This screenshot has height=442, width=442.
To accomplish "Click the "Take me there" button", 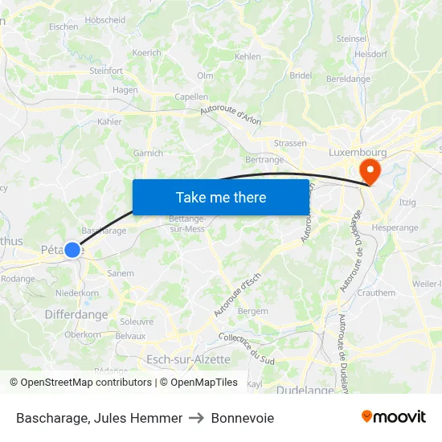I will point(221,198).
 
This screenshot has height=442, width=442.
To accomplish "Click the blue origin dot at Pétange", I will point(72,250).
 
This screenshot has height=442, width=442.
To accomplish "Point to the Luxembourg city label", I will point(358,152).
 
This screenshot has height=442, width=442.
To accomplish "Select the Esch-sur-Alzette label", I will point(188,359).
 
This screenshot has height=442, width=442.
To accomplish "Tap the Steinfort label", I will point(106,71).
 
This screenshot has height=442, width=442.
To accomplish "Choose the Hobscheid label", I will point(104,19).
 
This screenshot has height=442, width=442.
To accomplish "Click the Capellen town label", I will point(191,97).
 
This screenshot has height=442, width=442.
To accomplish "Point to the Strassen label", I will point(290,144).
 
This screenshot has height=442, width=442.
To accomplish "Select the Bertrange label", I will point(264,160).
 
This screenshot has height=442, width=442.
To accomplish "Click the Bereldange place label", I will point(348,79).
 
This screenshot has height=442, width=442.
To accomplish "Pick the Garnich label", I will point(148,153).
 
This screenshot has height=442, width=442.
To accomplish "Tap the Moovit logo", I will point(393,417).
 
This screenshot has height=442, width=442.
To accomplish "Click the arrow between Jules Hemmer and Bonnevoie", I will point(196,418).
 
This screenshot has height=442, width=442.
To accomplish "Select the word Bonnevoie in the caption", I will point(243,418).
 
